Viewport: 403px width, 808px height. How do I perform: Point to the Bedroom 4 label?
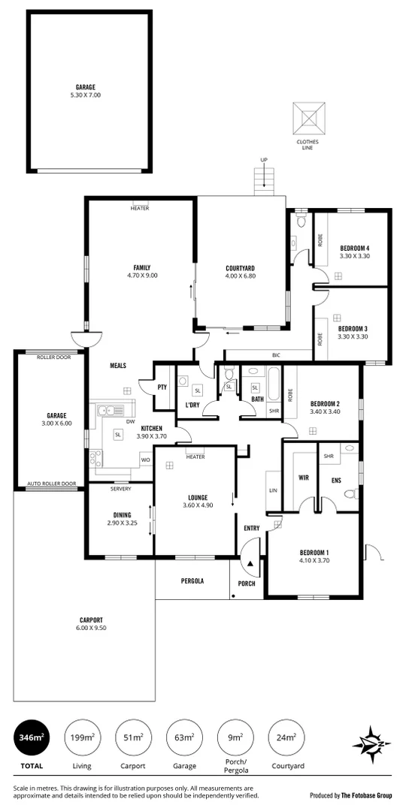tap(354, 248)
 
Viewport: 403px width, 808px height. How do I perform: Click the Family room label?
tap(141, 267)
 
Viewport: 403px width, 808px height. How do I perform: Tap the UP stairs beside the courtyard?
tap(263, 179)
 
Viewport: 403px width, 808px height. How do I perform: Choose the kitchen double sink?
tap(111, 411)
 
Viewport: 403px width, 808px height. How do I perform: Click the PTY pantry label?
tap(162, 387)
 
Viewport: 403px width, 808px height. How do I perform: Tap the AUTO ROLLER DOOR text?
tap(51, 484)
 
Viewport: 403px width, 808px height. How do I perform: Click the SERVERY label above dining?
tap(120, 489)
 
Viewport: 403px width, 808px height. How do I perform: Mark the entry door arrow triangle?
tap(248, 562)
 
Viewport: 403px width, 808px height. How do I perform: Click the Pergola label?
tap(192, 581)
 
